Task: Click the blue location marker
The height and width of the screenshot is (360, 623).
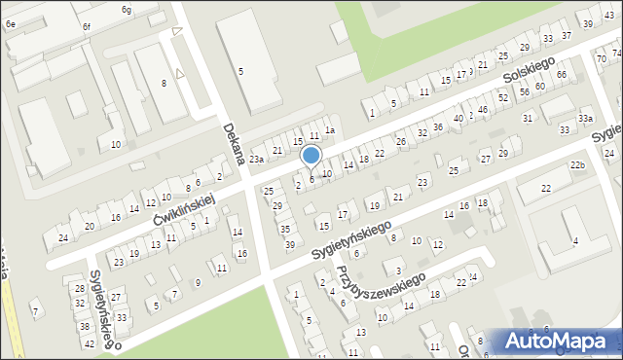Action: pyautogui.click(x=311, y=156)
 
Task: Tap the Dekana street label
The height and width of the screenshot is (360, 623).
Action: pyautogui.click(x=232, y=142)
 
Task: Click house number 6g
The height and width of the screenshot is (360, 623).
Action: pyautogui.click(x=127, y=9)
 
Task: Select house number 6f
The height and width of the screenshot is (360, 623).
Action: pyautogui.click(x=86, y=26)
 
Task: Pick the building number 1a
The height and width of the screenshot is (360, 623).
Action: pyautogui.click(x=330, y=130)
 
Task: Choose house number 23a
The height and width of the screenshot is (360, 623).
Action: pyautogui.click(x=256, y=159)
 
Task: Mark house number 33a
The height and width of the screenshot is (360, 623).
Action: pyautogui.click(x=584, y=118)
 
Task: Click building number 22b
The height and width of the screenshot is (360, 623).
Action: pyautogui.click(x=578, y=165)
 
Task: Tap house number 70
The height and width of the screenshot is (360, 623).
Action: pyautogui.click(x=601, y=58)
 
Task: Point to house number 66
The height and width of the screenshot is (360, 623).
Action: pyautogui.click(x=562, y=74)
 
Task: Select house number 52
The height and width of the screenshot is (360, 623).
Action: pyautogui.click(x=502, y=98)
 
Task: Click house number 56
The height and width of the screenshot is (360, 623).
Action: pyautogui.click(x=524, y=91)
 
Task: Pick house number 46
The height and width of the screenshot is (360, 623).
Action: pyautogui.click(x=482, y=110)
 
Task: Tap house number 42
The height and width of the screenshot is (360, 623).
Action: pyautogui.click(x=90, y=343)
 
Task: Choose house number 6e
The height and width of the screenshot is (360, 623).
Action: pyautogui.click(x=10, y=21)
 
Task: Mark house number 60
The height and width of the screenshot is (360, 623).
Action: pyautogui.click(x=538, y=87)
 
